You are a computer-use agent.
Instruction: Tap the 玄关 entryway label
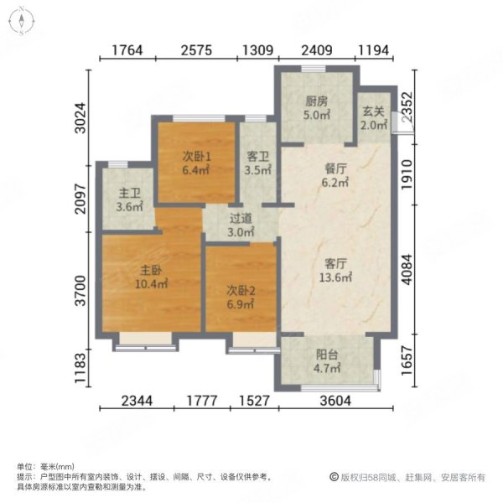point(373,110)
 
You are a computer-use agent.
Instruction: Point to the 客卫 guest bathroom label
point(258,156)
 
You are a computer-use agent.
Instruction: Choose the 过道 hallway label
point(241,219)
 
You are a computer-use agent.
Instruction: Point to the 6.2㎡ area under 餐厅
point(335,181)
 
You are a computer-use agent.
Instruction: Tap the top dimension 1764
point(131,53)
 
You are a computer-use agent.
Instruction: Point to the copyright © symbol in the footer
point(333,477)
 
